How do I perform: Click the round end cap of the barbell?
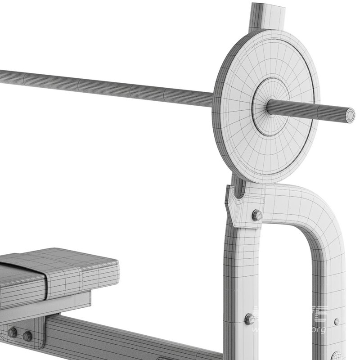click(x=349, y=115)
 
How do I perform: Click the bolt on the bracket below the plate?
click(x=257, y=215)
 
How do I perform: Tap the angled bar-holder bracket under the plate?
click(x=241, y=205)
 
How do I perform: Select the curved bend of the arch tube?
click(x=315, y=211)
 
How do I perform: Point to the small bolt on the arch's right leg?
click(x=337, y=321)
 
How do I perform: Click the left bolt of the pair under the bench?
click(x=13, y=333)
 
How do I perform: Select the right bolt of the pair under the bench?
click(x=27, y=336)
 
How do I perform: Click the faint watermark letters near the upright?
click(x=292, y=319)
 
